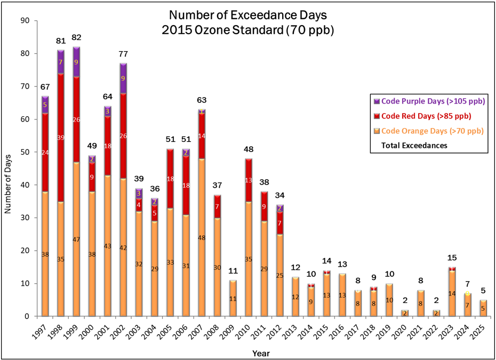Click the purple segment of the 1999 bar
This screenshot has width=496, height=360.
click(76, 62)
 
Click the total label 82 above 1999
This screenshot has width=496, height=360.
click(77, 37)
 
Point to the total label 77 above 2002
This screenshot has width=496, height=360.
click(124, 54)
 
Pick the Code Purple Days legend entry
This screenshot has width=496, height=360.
click(429, 101)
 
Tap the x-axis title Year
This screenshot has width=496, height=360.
click(261, 353)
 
